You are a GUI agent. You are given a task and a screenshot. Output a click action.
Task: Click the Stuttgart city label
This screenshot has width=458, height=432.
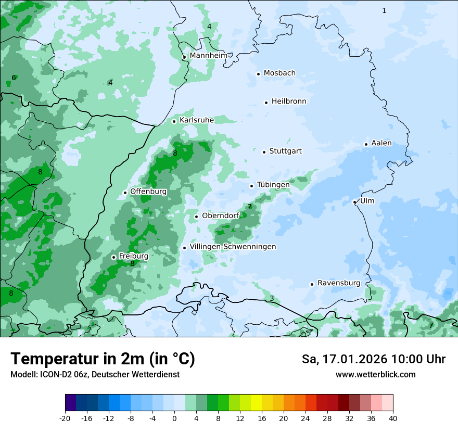coord(285,151)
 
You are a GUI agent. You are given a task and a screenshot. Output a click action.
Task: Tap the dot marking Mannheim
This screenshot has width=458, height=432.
coord(184,57)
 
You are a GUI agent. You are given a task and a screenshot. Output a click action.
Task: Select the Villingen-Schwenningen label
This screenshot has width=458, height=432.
coord(233,247)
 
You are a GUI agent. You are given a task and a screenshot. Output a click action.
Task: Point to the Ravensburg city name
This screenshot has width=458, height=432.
coord(339,283)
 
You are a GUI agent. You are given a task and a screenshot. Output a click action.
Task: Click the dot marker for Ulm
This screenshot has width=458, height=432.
coord(354,202)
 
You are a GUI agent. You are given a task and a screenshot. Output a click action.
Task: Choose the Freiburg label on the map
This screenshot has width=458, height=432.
coord(133,256)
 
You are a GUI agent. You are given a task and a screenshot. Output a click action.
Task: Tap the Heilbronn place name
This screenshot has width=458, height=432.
coord(289,101)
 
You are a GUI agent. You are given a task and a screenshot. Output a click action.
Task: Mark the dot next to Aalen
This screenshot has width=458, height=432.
coord(366,144)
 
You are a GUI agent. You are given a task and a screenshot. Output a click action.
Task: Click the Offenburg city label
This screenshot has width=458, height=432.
coord(148,192)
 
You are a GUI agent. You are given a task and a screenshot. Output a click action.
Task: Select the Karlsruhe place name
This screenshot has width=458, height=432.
coord(197,120)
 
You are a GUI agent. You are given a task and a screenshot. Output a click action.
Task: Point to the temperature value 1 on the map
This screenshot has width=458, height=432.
coord(384,10)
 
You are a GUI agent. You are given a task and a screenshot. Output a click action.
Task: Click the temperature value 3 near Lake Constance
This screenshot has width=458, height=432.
coord(272,298)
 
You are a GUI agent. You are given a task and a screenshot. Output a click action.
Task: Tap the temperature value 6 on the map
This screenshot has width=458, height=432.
coord(14,78)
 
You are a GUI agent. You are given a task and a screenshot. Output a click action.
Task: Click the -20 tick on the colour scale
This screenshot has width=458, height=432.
coord(65,418)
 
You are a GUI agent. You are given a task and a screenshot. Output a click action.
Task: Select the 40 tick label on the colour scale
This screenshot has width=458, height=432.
coord(392,418)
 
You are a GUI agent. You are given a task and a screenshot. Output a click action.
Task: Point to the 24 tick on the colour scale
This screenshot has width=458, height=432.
coord(306,418)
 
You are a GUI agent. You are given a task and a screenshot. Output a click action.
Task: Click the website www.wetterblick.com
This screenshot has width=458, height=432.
coord(375,374)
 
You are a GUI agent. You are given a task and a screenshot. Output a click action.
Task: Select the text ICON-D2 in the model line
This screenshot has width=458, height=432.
coord(54,374)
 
